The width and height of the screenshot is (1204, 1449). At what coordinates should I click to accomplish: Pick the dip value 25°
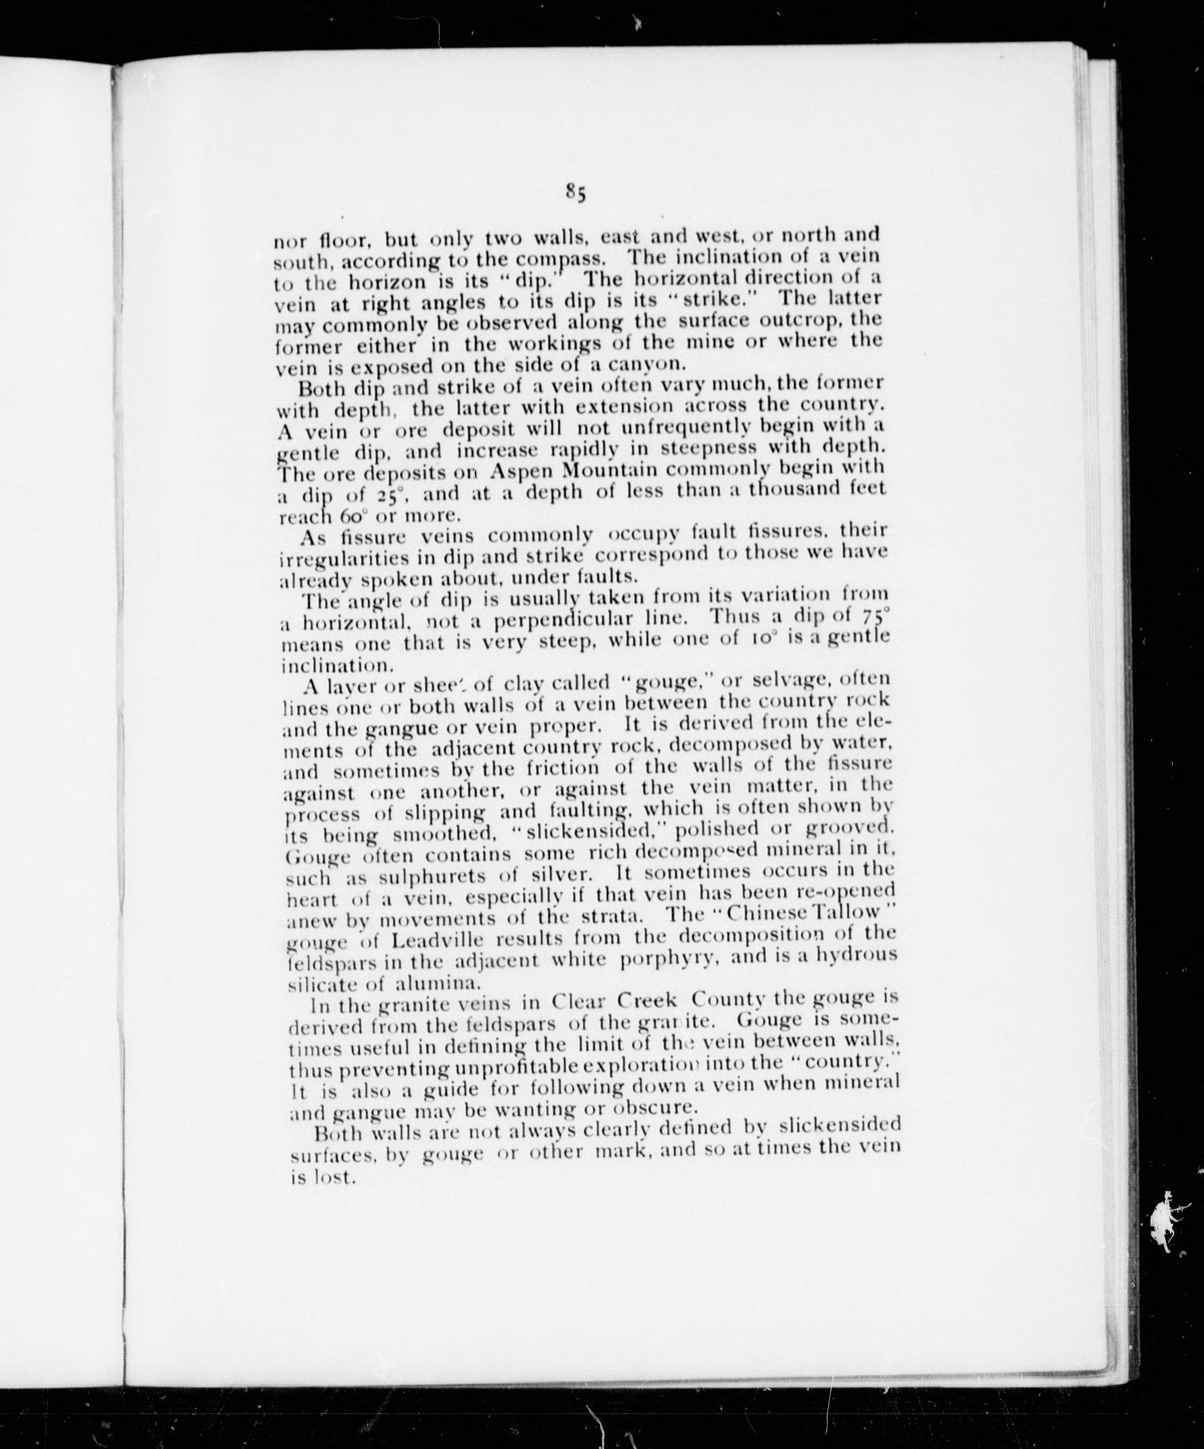(x=392, y=495)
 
